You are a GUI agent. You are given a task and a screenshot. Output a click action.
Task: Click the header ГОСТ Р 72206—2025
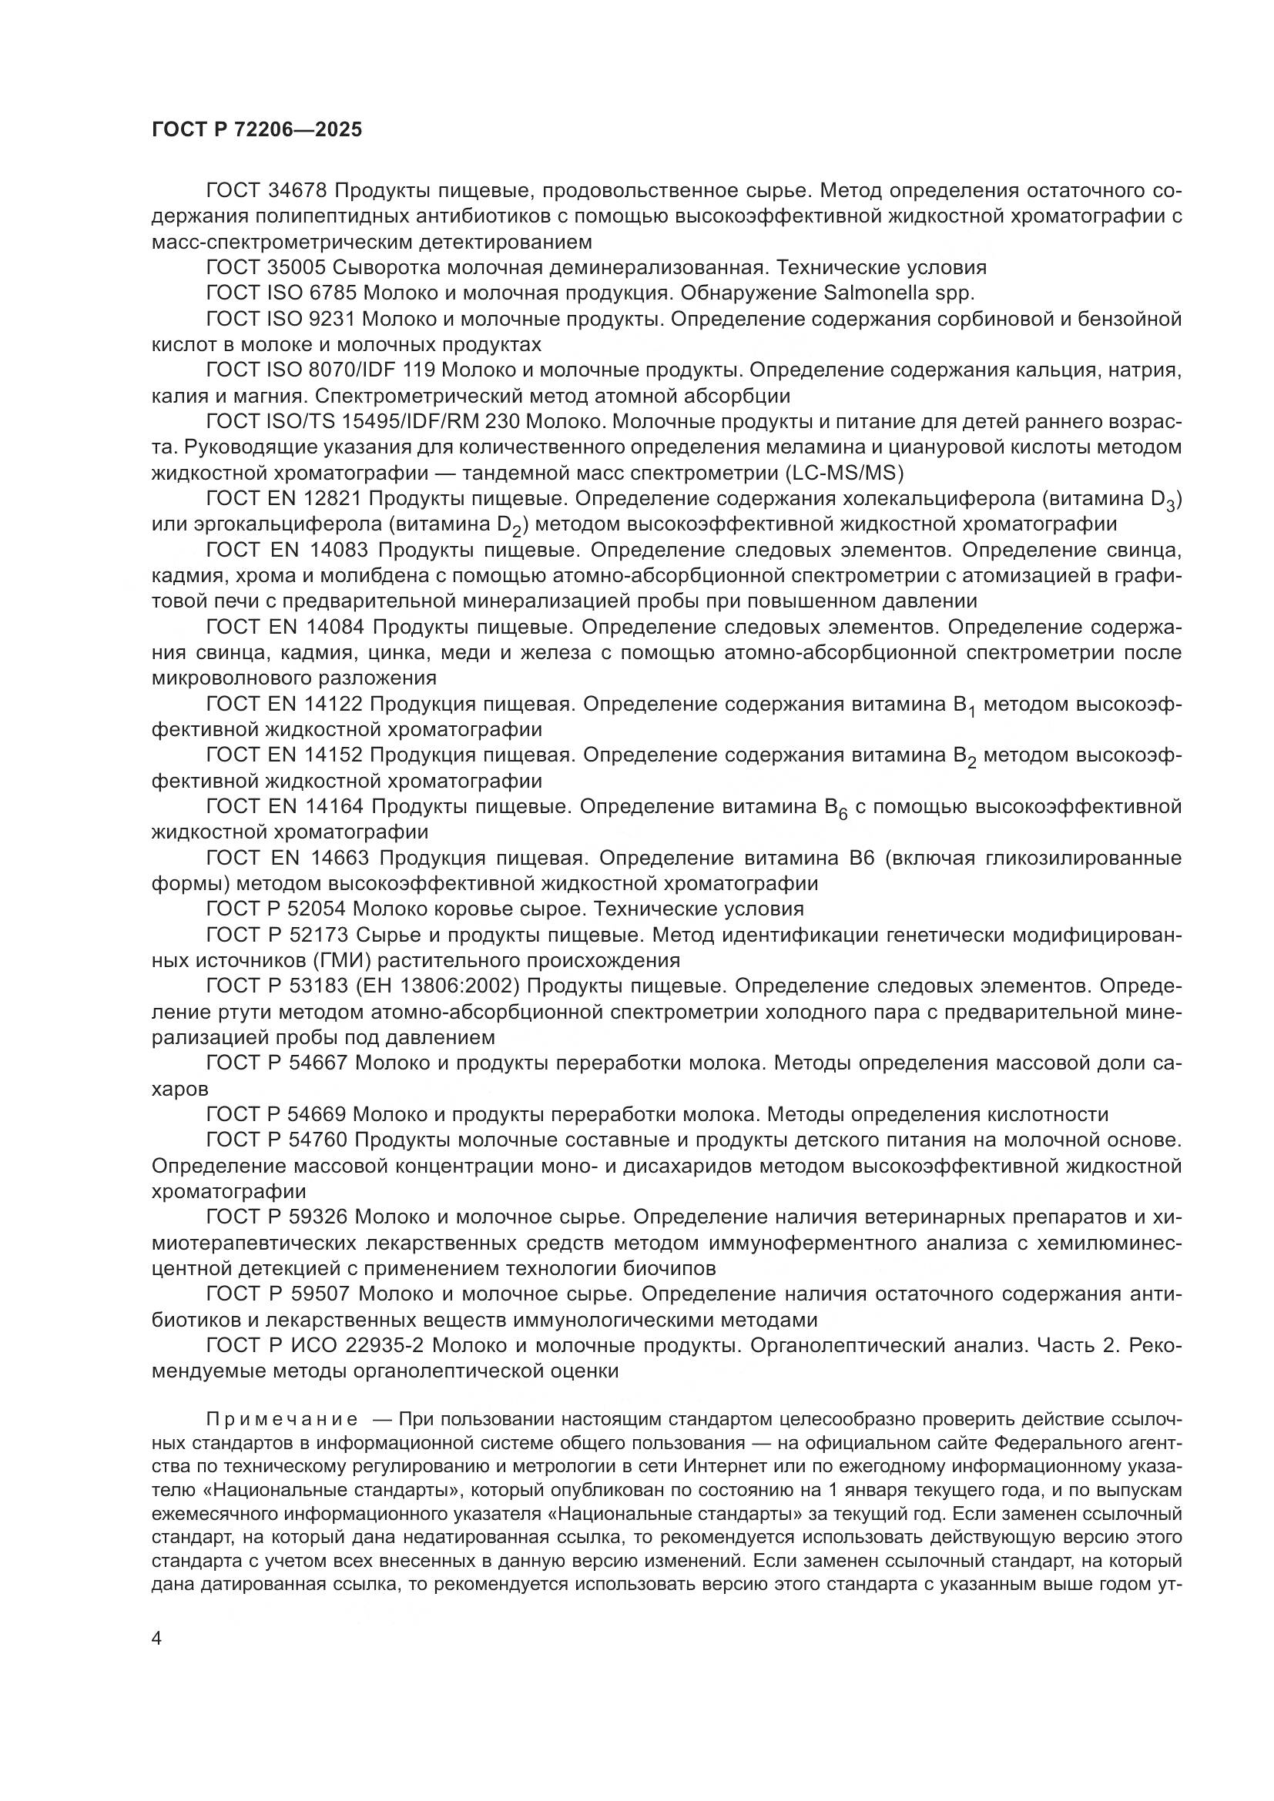tap(256, 130)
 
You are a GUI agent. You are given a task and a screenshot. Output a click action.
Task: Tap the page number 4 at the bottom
tap(157, 1639)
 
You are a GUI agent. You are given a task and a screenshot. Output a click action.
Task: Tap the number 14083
tap(337, 550)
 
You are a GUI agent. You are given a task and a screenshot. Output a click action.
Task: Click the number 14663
tap(337, 858)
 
